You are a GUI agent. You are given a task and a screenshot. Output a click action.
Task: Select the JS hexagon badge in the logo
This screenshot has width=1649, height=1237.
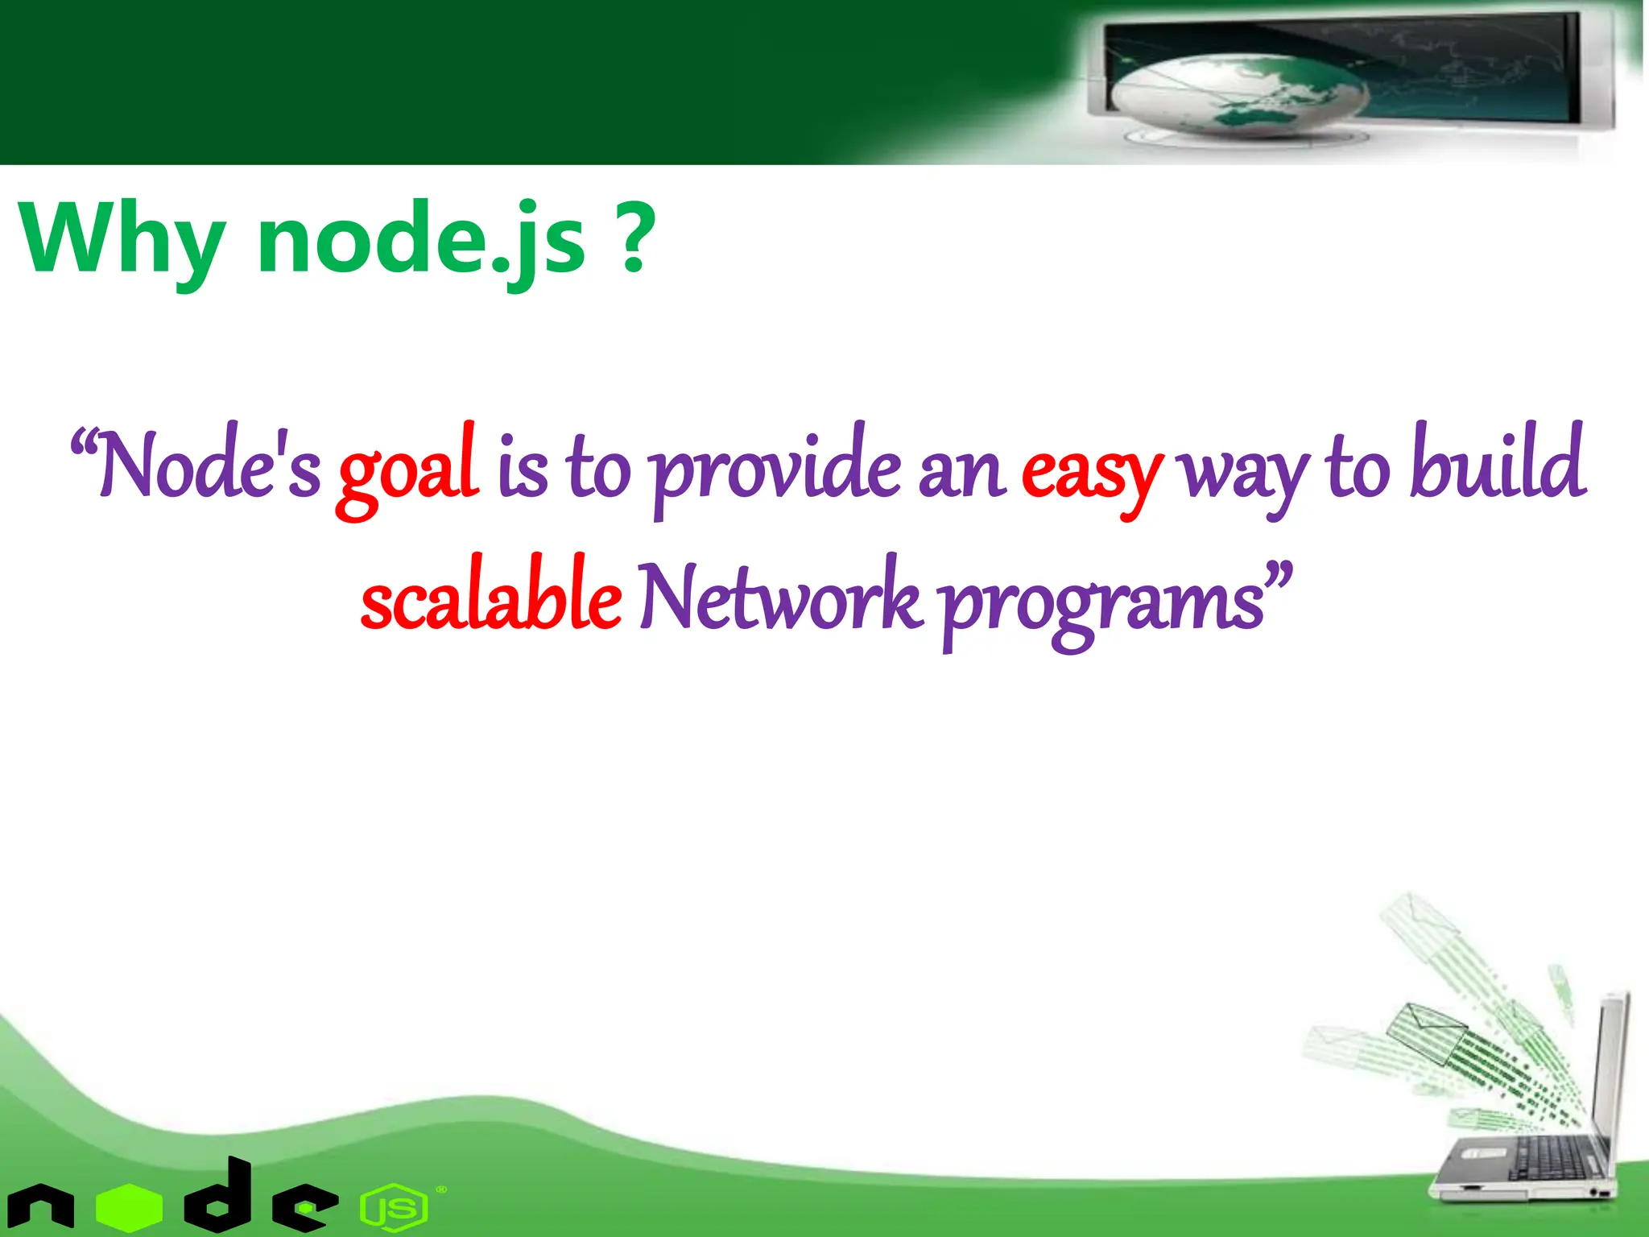[393, 1208]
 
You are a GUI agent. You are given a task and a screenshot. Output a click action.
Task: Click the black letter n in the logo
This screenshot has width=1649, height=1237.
[40, 1208]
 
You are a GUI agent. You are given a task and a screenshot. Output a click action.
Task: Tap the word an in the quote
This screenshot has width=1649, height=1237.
[961, 472]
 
